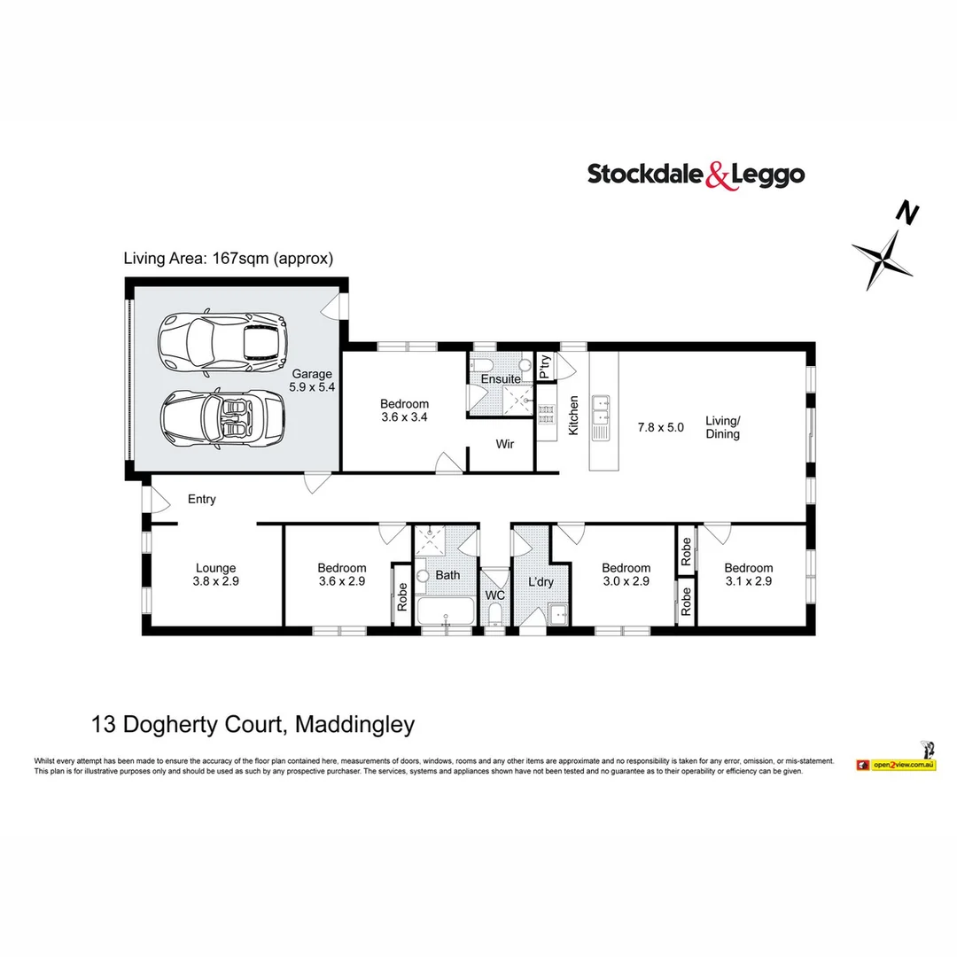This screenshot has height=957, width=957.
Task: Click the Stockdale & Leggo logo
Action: tap(696, 175)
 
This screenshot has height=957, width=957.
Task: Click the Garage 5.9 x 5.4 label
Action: tap(310, 381)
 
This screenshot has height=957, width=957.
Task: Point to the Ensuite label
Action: tap(501, 379)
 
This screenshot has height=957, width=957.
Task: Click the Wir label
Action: tap(504, 444)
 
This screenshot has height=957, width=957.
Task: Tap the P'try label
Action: tap(545, 366)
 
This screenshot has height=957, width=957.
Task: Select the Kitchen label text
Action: tap(573, 416)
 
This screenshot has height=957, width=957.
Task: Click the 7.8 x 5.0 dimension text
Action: tap(661, 427)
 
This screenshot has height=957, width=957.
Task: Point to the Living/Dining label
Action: tap(722, 427)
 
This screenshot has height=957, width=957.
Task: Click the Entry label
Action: tap(202, 499)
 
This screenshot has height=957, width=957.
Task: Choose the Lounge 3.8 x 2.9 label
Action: tap(216, 575)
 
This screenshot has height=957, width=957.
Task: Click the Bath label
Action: tap(447, 575)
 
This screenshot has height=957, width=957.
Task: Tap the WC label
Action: tap(494, 595)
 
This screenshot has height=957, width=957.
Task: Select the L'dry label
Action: tap(541, 582)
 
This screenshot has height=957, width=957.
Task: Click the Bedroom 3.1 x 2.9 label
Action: tap(748, 575)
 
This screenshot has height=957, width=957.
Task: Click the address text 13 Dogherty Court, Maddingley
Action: tap(253, 725)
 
